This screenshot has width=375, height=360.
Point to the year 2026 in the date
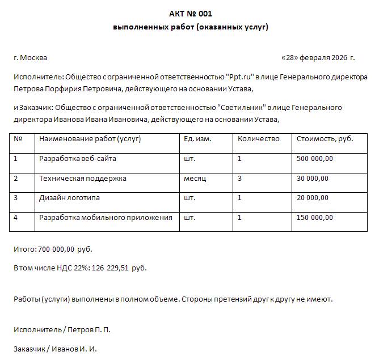point(338,58)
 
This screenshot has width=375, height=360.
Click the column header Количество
point(259,139)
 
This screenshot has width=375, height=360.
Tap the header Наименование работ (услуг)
point(90,139)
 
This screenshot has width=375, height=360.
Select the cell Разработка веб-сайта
point(77,159)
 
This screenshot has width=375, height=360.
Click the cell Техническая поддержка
point(82,179)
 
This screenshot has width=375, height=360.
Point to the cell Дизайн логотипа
point(69,198)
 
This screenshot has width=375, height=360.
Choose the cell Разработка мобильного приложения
point(106,218)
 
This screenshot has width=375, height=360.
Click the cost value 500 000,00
point(315,159)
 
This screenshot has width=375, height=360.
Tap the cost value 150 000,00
point(315,218)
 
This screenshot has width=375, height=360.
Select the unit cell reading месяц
point(195,179)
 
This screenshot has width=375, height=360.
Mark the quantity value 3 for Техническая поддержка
point(240,179)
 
